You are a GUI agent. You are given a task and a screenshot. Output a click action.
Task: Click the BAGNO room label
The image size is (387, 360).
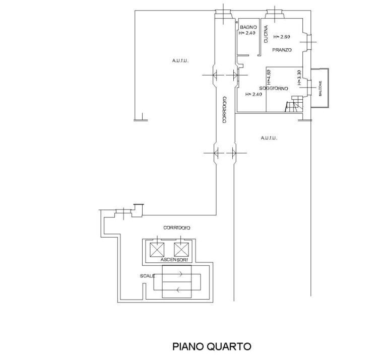click(x=248, y=27)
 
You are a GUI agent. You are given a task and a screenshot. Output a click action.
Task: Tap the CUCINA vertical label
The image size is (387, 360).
click(x=266, y=34)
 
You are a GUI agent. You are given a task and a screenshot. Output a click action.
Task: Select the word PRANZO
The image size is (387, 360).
click(x=282, y=50)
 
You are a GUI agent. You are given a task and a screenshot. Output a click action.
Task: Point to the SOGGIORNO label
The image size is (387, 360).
click(x=274, y=88)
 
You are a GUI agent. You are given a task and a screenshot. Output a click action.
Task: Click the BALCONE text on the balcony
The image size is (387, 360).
click(x=320, y=89)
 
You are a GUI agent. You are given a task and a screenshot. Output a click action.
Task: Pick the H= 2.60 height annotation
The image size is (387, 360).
click(x=282, y=37)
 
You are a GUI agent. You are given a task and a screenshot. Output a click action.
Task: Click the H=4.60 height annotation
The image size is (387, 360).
click(x=269, y=76)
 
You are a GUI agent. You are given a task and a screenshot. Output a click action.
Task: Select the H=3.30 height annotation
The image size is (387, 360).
click(x=299, y=78)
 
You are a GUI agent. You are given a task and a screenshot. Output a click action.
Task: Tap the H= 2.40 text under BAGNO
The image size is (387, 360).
click(x=247, y=33)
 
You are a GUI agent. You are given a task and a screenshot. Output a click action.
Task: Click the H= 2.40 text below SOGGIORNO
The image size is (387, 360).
click(x=253, y=94)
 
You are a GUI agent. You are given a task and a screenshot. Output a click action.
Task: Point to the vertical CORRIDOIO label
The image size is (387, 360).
click(x=224, y=109)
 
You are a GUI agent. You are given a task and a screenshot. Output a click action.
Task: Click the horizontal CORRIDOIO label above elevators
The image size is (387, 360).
click(x=177, y=228)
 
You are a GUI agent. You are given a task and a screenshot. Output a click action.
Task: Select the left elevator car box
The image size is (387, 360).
click(x=157, y=250)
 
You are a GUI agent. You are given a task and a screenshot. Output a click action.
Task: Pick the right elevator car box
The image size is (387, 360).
click(x=181, y=250)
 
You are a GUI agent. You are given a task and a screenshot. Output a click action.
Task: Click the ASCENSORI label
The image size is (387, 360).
click(x=174, y=260)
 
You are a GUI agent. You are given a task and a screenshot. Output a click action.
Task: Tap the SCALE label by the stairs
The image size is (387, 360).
click(x=147, y=276)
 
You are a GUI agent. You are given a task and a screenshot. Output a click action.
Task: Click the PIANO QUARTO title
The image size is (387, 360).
click(x=212, y=346)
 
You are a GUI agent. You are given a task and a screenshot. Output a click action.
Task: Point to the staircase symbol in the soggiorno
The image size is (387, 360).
click(x=294, y=104)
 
